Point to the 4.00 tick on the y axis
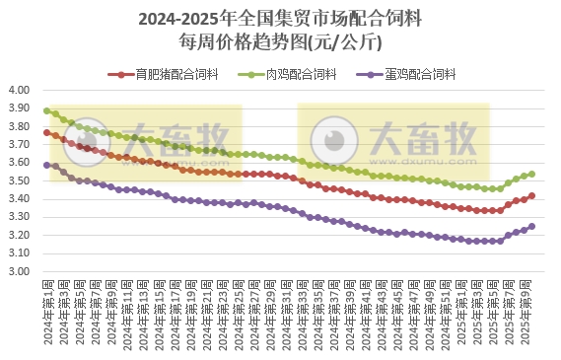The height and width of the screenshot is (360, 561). click(20, 90)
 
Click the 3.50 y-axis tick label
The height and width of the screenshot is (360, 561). click(20, 180)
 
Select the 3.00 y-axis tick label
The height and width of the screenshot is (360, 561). click(20, 271)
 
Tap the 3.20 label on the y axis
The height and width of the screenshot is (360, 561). click(20, 235)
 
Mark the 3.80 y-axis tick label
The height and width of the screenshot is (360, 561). click(20, 126)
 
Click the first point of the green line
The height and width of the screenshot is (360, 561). click(47, 110)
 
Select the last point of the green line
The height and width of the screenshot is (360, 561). click(532, 174)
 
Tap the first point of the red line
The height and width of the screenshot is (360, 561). click(47, 132)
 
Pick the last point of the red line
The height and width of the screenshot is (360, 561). click(532, 195)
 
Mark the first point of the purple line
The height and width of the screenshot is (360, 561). click(47, 165)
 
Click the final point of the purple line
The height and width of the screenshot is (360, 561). click(532, 226)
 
